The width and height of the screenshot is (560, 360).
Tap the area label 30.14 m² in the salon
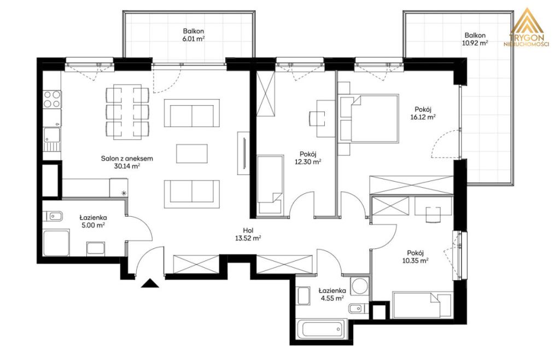point(127,166)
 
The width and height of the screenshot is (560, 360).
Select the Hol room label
point(248,231)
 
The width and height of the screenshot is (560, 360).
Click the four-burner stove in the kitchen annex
point(52,99)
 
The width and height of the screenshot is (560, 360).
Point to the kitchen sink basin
point(52,135)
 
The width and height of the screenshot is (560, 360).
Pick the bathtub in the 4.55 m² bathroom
point(320,328)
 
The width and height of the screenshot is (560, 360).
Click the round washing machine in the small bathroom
point(359,286)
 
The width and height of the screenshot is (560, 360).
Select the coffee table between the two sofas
point(192,154)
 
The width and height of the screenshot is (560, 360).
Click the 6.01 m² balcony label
point(194,34)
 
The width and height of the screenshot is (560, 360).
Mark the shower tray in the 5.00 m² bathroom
point(56,243)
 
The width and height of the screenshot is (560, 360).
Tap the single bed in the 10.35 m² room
point(422,305)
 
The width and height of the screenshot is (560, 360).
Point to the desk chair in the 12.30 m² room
point(317,119)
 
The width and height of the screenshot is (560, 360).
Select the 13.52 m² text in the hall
point(248,239)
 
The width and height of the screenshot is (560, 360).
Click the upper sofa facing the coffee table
point(192,113)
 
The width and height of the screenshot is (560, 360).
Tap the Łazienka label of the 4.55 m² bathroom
point(332,291)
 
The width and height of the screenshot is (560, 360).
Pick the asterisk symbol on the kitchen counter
point(124,193)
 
